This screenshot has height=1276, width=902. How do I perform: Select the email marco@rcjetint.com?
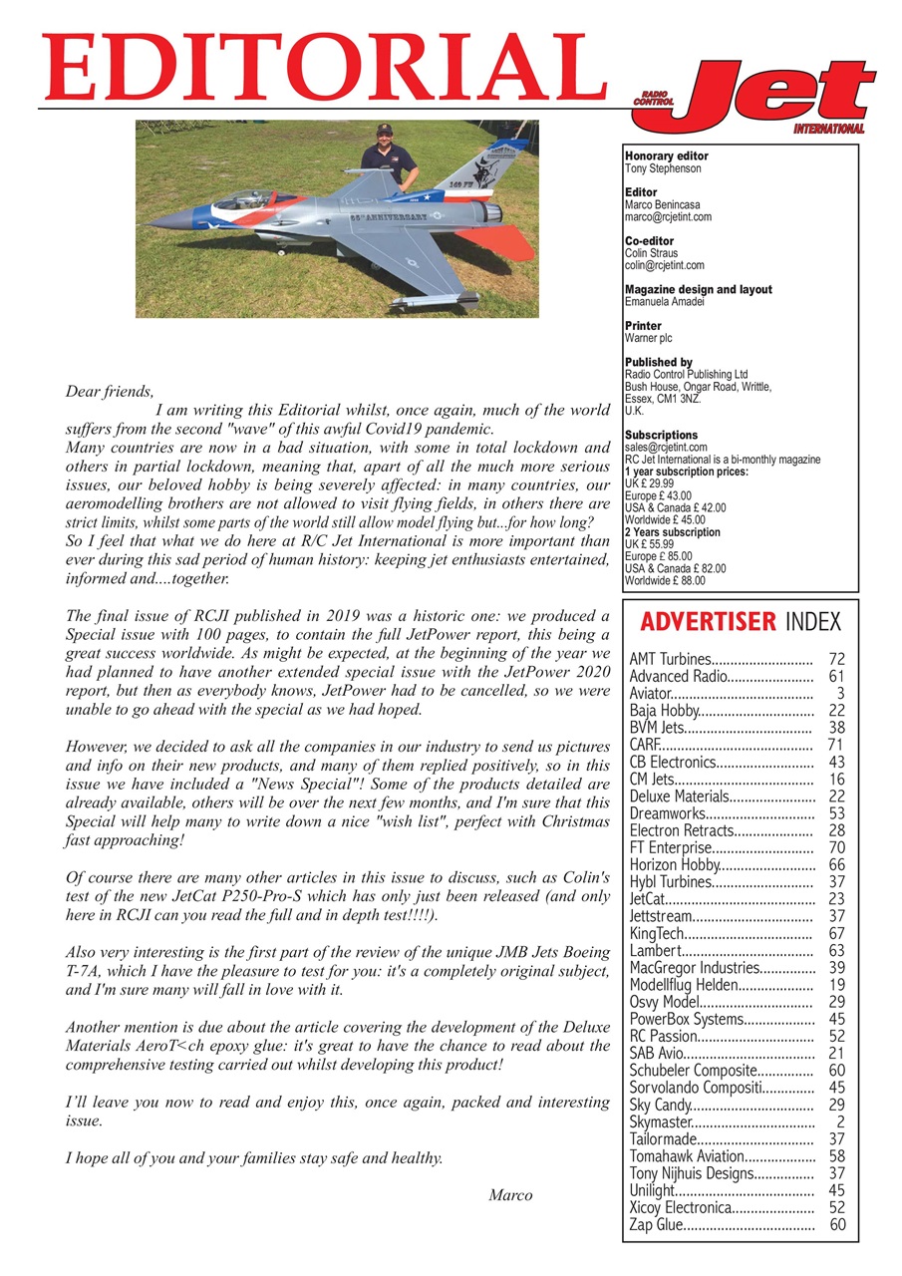(x=668, y=216)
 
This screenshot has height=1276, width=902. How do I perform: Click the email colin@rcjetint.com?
(x=664, y=265)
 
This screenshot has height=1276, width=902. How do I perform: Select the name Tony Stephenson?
(x=662, y=168)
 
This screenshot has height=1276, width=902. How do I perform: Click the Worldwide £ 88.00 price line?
(x=664, y=580)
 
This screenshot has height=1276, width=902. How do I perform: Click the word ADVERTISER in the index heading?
(x=708, y=623)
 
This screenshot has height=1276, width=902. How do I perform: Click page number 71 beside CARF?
(x=836, y=745)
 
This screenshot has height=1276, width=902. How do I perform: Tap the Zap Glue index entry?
(x=656, y=1225)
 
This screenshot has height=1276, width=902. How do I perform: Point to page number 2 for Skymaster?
(x=840, y=1121)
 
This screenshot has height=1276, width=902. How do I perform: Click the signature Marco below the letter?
(x=510, y=1195)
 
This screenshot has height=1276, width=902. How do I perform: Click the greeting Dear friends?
(x=110, y=392)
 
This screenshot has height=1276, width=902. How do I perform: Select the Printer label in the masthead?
(x=643, y=326)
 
